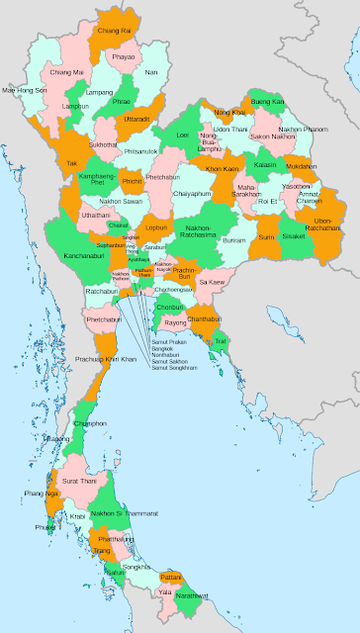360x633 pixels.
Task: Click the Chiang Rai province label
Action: [x=115, y=32]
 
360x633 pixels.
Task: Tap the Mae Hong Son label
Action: [x=25, y=90]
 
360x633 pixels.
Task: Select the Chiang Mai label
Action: [x=66, y=72]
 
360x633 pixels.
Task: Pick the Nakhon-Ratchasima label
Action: [x=206, y=231]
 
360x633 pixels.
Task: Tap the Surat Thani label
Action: [x=79, y=481]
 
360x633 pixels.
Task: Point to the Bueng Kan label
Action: [x=267, y=102]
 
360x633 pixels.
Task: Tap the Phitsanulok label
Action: [x=141, y=151]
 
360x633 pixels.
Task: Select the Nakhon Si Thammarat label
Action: [x=125, y=513]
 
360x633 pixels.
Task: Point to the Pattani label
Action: [x=170, y=576]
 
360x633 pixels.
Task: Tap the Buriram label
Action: [x=234, y=240]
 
